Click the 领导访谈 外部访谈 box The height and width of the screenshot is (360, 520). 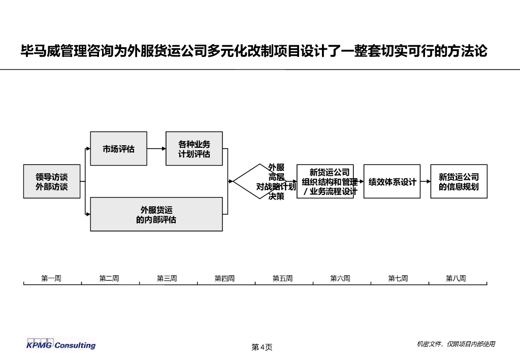click(51, 181)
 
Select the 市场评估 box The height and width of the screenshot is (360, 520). click(118, 149)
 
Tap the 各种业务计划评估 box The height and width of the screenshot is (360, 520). click(194, 149)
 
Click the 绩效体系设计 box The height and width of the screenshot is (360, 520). click(392, 181)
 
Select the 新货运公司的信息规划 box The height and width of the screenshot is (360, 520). click(459, 181)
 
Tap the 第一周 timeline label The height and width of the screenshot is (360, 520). click(51, 278)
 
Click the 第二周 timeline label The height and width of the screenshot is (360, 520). click(109, 278)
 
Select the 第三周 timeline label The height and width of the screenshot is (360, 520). click(167, 278)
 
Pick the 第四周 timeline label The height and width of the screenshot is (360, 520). click(224, 278)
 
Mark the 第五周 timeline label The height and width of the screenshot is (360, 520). click(282, 278)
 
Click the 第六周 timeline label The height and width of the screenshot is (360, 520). click(340, 278)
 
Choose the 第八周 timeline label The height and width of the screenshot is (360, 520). click(456, 278)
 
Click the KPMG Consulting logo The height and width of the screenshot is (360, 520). click(61, 345)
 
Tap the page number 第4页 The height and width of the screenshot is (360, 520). click(262, 347)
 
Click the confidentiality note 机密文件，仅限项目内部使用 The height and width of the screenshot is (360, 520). click(456, 344)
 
